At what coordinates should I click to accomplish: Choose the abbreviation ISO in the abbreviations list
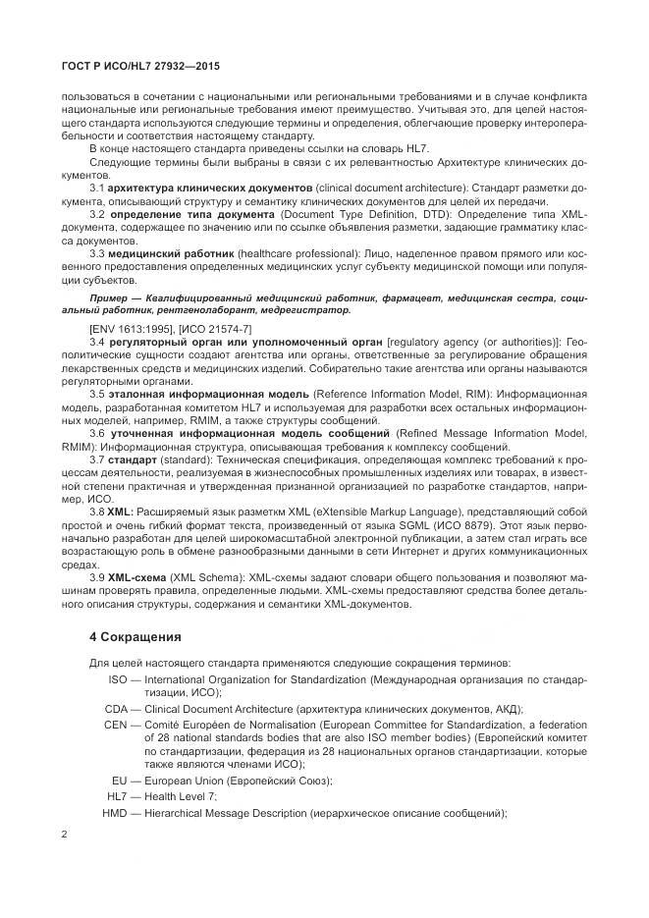tap(118, 678)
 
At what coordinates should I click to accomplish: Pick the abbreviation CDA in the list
tap(117, 709)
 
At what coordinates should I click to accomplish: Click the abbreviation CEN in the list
tap(117, 724)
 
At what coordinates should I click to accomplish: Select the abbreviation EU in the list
tap(121, 781)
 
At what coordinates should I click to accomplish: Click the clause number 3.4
tap(97, 338)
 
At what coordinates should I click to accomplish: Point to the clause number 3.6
tap(97, 433)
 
